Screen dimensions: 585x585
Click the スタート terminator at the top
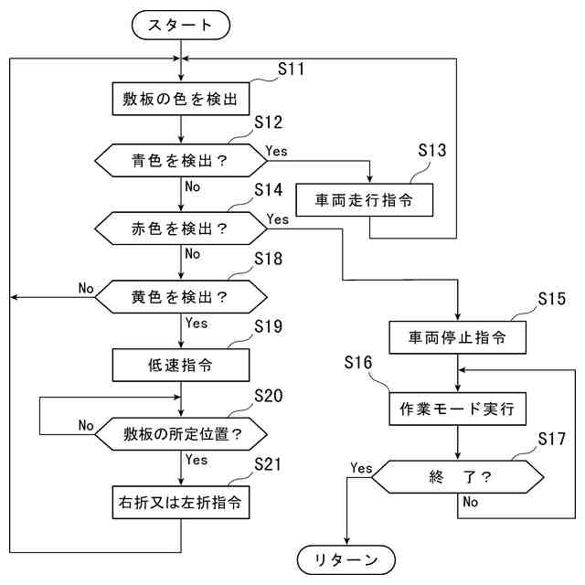coord(181,25)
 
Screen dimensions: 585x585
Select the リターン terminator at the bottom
coord(346,559)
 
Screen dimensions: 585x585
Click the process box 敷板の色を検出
coord(181,99)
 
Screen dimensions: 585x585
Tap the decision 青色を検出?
coord(181,161)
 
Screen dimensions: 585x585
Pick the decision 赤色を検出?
coord(181,229)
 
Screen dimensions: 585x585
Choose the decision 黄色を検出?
coord(181,297)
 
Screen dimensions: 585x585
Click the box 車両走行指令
coord(364,200)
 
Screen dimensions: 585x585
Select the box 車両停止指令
coord(457,337)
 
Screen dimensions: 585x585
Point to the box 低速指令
coord(181,366)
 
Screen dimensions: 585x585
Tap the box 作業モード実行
coord(457,409)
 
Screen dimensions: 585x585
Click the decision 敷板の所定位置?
coord(181,434)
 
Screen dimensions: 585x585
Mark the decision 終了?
coord(457,477)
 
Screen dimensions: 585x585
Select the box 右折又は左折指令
coord(181,502)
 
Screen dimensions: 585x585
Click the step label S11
coord(291,69)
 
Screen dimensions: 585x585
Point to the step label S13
coord(431,150)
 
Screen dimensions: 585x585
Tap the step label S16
coord(358,362)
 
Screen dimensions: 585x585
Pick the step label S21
coord(268,464)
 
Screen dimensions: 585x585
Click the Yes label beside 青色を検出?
coord(276,151)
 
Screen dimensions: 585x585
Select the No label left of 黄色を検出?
coord(86,289)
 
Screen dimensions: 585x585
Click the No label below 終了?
coord(471,502)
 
